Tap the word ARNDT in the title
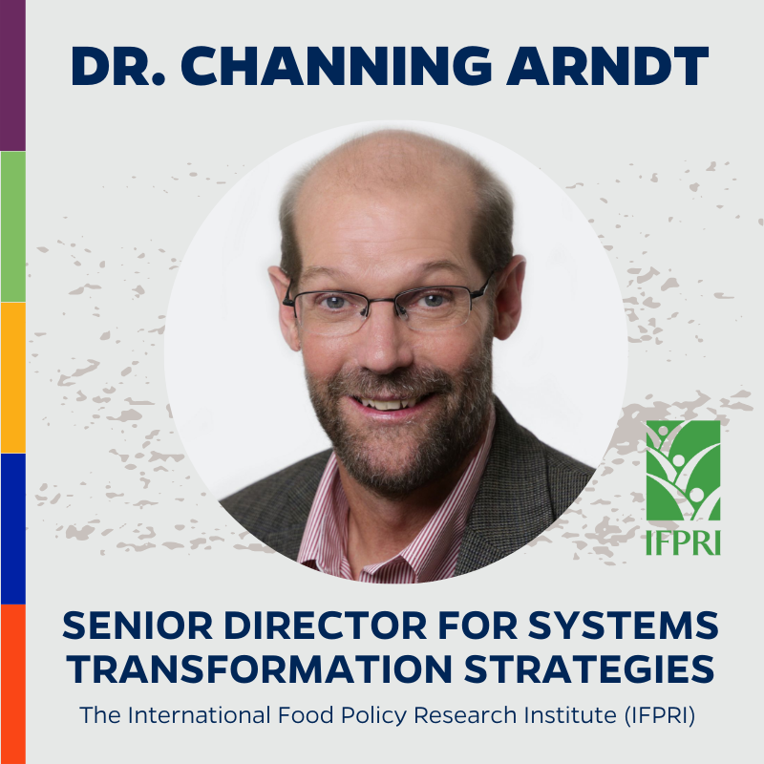tap(607, 66)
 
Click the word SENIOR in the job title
tap(138, 626)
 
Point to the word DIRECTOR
tap(326, 626)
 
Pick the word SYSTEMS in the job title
tap(624, 626)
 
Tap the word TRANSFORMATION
tap(260, 668)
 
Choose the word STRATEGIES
tap(589, 668)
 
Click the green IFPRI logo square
tap(683, 471)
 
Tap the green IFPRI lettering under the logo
tap(683, 542)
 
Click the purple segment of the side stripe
tap(12, 75)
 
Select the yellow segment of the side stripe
tap(12, 377)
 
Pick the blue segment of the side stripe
tap(12, 529)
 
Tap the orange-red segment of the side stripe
tap(12, 684)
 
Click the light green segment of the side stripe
tap(12, 226)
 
